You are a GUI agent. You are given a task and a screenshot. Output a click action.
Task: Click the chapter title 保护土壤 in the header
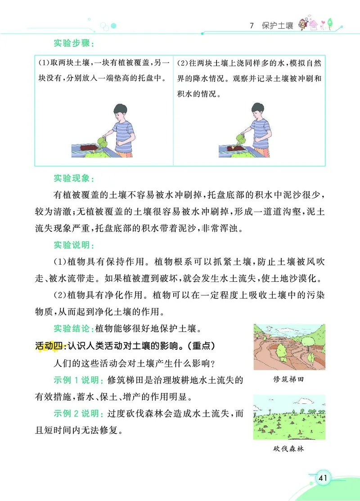pyautogui.click(x=278, y=26)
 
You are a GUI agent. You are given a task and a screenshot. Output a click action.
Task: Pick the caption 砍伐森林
pyautogui.click(x=288, y=448)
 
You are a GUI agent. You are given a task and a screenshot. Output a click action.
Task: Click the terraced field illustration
pyautogui.click(x=289, y=347)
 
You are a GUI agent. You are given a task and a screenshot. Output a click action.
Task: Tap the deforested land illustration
pyautogui.click(x=289, y=417)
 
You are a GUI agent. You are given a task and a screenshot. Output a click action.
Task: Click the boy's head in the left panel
pyautogui.click(x=119, y=111)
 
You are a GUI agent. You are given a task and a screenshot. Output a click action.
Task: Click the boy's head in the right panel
pyautogui.click(x=257, y=111)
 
